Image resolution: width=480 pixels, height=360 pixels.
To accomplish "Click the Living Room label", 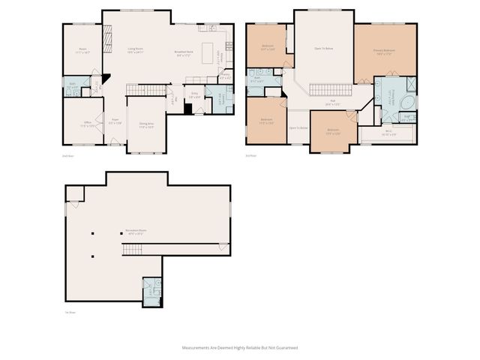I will [135, 50].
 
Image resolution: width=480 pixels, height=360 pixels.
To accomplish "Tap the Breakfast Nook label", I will [184, 52].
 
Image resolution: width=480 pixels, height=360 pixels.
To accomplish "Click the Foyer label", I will [117, 121].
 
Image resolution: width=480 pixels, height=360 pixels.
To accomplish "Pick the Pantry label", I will [224, 77].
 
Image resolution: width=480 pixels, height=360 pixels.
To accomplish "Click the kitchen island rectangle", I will [217, 56].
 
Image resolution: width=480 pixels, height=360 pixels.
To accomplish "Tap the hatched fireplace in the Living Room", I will [107, 34].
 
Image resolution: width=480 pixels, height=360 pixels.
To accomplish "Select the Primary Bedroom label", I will [384, 52].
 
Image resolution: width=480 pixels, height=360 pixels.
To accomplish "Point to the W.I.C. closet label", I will [387, 135].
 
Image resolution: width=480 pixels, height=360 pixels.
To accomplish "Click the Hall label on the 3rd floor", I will [333, 103].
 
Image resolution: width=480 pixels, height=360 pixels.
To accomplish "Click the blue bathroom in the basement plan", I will [151, 288].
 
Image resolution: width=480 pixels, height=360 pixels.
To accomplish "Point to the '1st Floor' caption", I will [69, 311].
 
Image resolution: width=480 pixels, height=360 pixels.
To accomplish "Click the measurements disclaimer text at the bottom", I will [239, 348].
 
